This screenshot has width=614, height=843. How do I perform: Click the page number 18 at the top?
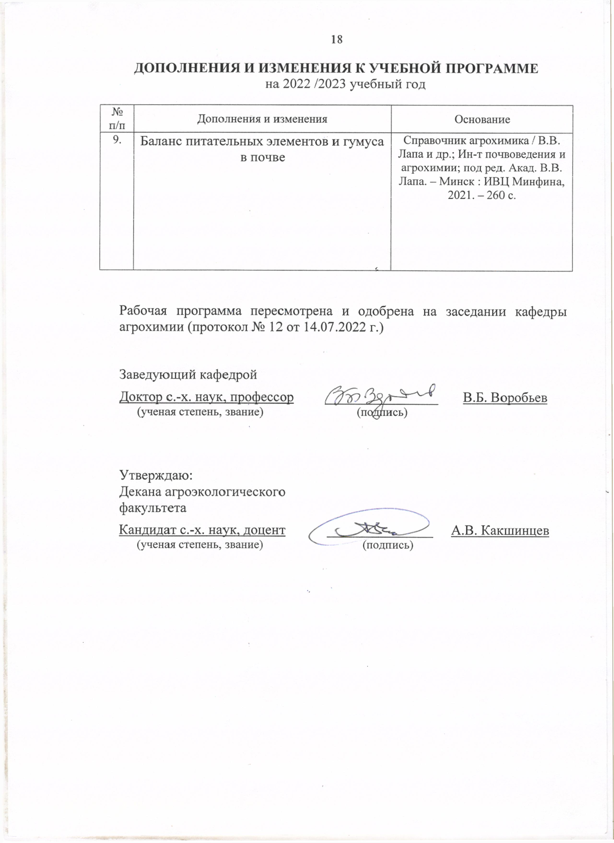pos(337,39)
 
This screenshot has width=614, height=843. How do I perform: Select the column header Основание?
pos(482,119)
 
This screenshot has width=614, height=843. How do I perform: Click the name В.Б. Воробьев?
pos(505,397)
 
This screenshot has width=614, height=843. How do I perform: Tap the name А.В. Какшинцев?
pos(500,530)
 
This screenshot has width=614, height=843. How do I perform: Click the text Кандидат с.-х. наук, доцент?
pos(202,530)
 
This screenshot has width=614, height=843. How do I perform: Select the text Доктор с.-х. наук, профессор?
pos(206,397)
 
